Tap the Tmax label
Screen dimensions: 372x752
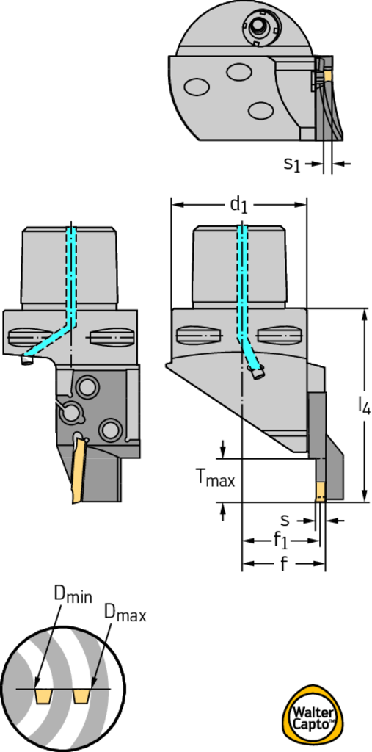(216, 478)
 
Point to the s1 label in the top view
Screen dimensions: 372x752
(292, 164)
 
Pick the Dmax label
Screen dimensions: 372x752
(125, 613)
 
